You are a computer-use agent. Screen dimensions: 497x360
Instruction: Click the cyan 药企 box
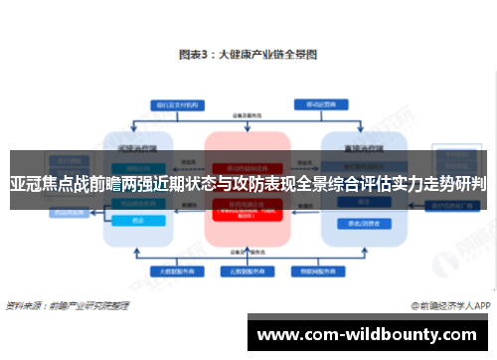point(135,221)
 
